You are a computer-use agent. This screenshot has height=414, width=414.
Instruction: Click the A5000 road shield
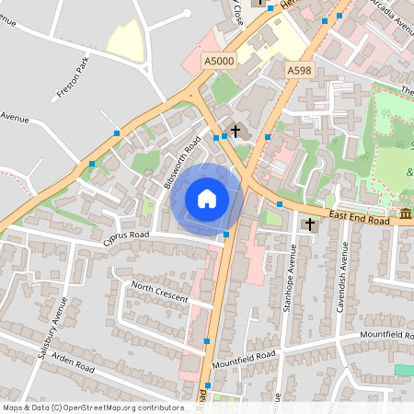pyautogui.click(x=219, y=61)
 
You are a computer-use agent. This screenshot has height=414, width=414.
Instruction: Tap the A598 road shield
pyautogui.click(x=298, y=70)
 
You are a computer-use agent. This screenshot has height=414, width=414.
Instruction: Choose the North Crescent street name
pyautogui.click(x=159, y=292)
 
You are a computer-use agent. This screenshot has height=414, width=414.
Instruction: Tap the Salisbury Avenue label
pyautogui.click(x=53, y=328)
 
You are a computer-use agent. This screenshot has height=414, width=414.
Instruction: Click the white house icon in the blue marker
pyautogui.click(x=207, y=199)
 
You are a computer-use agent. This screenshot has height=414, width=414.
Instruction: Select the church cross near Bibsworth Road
pyautogui.click(x=236, y=131)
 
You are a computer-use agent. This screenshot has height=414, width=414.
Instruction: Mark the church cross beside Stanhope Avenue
pyautogui.click(x=310, y=223)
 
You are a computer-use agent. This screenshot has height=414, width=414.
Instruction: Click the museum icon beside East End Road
pyautogui.click(x=405, y=214)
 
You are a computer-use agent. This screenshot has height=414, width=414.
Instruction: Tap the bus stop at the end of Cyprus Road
pyautogui.click(x=226, y=236)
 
